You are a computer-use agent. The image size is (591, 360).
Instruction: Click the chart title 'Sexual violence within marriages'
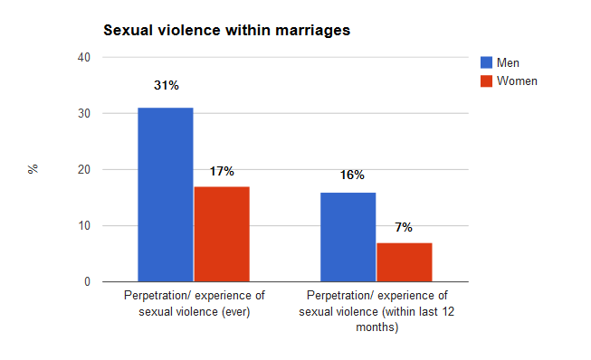pos(227,31)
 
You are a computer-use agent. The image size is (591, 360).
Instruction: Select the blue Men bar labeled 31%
pos(166,194)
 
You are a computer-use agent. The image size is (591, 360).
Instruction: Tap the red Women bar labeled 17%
pos(222,234)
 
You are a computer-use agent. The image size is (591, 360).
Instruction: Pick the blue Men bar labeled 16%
pos(348,237)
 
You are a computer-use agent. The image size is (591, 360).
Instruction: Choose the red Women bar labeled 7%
pos(405,262)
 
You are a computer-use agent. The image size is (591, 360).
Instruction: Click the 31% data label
pos(167,86)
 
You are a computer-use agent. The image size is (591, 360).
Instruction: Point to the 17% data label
pos(222,171)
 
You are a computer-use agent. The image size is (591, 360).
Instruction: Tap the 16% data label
pos(352,175)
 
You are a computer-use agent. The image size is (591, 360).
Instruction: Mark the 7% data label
pos(404,227)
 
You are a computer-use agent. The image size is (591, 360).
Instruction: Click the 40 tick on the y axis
pos(84,58)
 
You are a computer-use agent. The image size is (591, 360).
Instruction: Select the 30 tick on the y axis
pos(84,113)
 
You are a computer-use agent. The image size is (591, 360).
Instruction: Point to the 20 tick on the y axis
pos(84,169)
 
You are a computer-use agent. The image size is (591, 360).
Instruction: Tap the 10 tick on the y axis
pos(84,225)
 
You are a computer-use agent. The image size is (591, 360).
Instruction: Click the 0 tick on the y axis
pos(88,281)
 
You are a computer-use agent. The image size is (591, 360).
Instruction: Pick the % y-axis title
pos(33,169)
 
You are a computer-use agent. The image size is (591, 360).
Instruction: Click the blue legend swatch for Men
pos(486,62)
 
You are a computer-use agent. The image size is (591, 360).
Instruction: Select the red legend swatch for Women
pos(486,81)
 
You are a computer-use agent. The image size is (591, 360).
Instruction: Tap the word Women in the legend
pos(517,81)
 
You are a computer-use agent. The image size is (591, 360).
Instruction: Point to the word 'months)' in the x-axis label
pos(377,327)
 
